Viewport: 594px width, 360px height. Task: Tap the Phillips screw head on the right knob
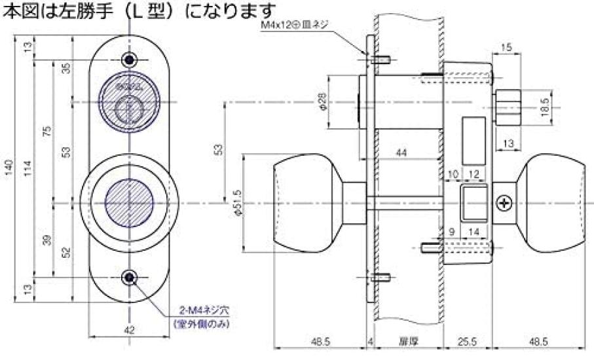[x=505, y=203]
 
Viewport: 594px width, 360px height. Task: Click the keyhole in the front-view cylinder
[x=130, y=109]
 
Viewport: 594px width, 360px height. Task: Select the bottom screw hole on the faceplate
[x=130, y=278]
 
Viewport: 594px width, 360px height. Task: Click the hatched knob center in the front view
[x=130, y=203]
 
